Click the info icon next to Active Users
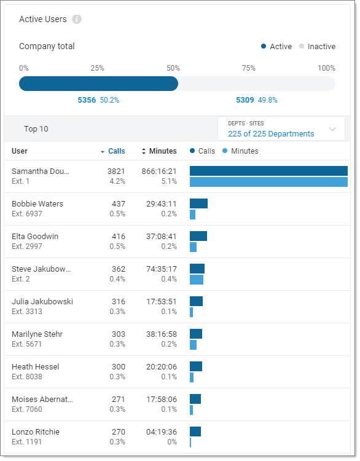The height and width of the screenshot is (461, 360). pyautogui.click(x=77, y=19)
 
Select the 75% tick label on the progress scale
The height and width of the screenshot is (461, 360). pyautogui.click(x=248, y=68)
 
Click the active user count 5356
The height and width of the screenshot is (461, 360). pyautogui.click(x=87, y=100)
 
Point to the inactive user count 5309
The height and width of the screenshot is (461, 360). pyautogui.click(x=245, y=100)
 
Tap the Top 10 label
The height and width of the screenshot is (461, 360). pyautogui.click(x=36, y=129)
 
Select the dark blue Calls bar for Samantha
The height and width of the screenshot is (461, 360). pyautogui.click(x=268, y=171)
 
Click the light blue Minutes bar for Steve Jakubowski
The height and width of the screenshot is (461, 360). pyautogui.click(x=197, y=280)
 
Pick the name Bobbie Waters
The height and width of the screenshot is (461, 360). pyautogui.click(x=37, y=204)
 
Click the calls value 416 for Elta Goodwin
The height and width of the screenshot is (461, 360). pyautogui.click(x=118, y=237)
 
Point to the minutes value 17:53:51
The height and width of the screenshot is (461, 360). pyautogui.click(x=159, y=302)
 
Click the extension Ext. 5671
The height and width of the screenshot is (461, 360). pyautogui.click(x=27, y=344)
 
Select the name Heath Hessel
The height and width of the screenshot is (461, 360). pyautogui.click(x=36, y=367)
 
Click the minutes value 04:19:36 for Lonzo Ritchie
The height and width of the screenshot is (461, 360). pyautogui.click(x=159, y=432)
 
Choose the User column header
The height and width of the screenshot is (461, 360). pyautogui.click(x=20, y=151)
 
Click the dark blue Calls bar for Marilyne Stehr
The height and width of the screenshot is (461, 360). pyautogui.click(x=196, y=334)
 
